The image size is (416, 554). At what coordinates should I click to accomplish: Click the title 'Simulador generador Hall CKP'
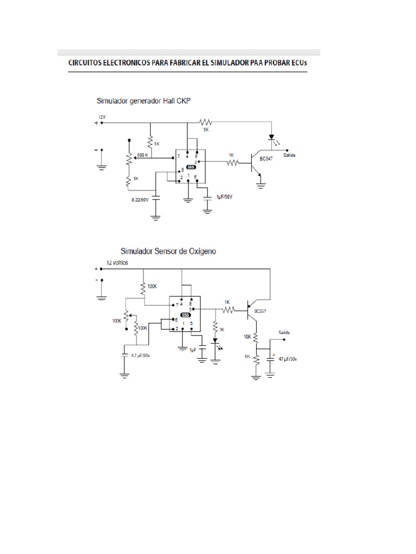(144, 101)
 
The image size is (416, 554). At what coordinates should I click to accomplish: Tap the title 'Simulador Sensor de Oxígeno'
(168, 251)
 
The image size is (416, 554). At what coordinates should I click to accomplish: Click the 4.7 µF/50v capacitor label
(137, 355)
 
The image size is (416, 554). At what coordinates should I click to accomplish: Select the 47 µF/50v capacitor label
(288, 359)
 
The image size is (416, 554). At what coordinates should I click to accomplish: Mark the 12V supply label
(102, 117)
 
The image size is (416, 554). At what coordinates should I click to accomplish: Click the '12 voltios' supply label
(117, 263)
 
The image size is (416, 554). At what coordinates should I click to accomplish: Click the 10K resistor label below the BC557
(247, 337)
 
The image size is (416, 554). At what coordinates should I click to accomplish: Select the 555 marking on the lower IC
(185, 315)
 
